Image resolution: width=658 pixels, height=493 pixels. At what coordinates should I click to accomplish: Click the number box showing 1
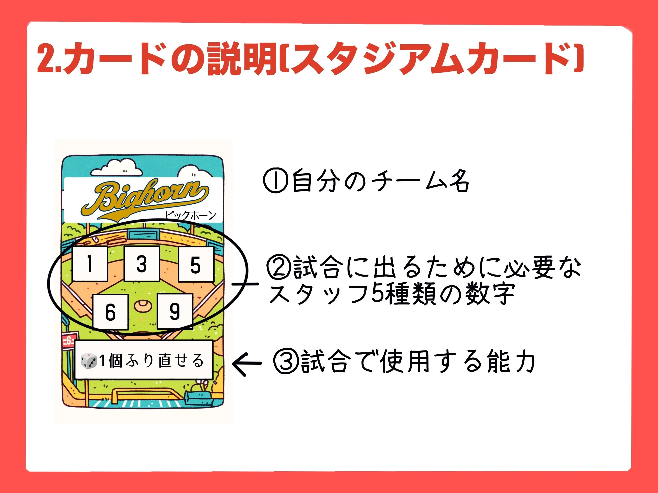pyautogui.click(x=90, y=263)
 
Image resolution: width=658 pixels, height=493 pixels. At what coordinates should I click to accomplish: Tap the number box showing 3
pyautogui.click(x=142, y=263)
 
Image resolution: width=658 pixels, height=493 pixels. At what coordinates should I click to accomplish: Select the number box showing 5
pyautogui.click(x=196, y=264)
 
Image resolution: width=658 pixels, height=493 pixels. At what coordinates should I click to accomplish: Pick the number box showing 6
pyautogui.click(x=110, y=312)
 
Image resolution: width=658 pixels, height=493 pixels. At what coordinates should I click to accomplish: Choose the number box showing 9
pyautogui.click(x=175, y=311)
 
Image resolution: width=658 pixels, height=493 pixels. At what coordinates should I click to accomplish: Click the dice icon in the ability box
pyautogui.click(x=89, y=360)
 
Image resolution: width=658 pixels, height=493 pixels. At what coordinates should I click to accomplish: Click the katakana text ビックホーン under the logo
pyautogui.click(x=191, y=215)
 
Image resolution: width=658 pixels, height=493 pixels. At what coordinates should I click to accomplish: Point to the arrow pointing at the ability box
pyautogui.click(x=247, y=363)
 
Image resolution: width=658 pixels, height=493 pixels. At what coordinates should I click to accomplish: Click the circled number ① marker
pyautogui.click(x=275, y=181)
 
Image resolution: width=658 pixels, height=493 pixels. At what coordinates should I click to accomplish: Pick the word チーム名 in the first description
pyautogui.click(x=420, y=181)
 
